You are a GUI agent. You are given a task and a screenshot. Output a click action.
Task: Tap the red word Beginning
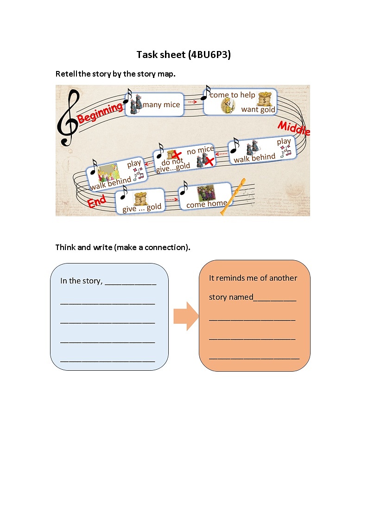(x=100, y=113)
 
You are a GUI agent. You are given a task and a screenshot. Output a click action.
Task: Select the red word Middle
(x=293, y=128)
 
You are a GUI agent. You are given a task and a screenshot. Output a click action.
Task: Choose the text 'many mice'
(x=161, y=105)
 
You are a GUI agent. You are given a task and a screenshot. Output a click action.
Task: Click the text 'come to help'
(x=233, y=95)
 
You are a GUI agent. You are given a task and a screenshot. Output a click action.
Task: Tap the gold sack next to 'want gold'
(x=265, y=99)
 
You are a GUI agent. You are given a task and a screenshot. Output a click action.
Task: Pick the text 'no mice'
(x=200, y=150)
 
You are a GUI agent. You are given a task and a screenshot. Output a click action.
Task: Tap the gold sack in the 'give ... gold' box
(x=141, y=199)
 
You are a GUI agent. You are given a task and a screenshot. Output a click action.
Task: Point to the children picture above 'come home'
(x=205, y=193)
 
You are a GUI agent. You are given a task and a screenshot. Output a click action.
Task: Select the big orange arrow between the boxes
(x=185, y=316)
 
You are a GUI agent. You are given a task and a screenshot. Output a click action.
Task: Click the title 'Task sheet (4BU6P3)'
(x=184, y=55)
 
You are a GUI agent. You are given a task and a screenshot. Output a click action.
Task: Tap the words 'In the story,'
(x=81, y=281)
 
